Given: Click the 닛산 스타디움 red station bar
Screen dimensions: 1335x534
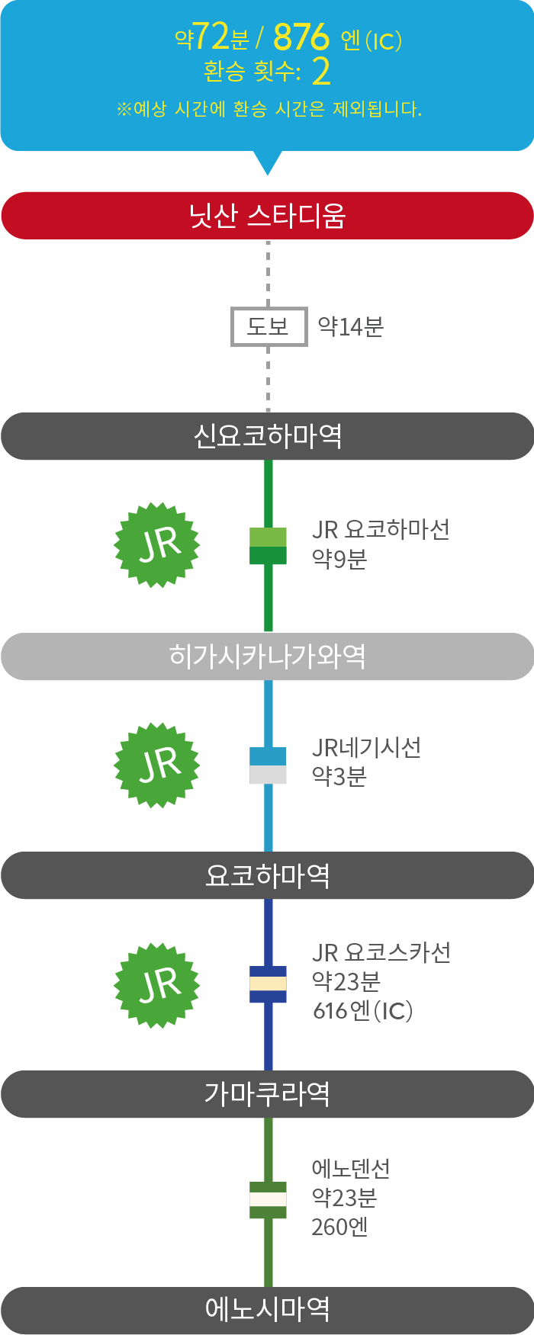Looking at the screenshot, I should coord(267,216).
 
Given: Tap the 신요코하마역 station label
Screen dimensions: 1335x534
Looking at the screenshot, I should coord(267,436).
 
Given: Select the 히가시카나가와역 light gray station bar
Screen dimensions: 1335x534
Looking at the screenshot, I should coord(267,656).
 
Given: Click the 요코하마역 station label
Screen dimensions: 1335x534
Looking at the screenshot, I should coord(267,875).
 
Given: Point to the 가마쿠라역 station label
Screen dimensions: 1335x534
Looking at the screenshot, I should coord(267,1094).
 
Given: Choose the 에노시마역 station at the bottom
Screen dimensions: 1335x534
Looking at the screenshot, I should coord(267,1310).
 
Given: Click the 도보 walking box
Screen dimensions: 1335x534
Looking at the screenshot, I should coord(269,326).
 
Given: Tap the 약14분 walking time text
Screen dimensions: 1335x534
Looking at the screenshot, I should coord(350,326).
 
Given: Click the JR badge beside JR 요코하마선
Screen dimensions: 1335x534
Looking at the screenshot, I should coord(157,544).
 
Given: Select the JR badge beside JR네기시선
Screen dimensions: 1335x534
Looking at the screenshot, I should coord(157,764).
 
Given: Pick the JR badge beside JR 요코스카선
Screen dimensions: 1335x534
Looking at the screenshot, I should coord(157,984).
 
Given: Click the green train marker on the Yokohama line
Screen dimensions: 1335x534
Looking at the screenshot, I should coord(268,545).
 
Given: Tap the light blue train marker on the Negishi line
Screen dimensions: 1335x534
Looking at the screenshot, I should coord(268,765).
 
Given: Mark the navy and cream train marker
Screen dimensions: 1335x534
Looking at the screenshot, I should coord(268,984).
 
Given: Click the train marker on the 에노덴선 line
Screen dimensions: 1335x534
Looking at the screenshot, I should coord(268,1199).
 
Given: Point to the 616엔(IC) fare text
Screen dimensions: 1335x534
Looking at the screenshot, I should coord(363,1011).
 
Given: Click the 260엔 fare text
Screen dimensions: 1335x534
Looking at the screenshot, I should coord(339,1227).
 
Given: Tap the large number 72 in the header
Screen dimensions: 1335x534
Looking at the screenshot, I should coord(211,36).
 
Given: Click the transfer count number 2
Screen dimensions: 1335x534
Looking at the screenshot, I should coord(321,72).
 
